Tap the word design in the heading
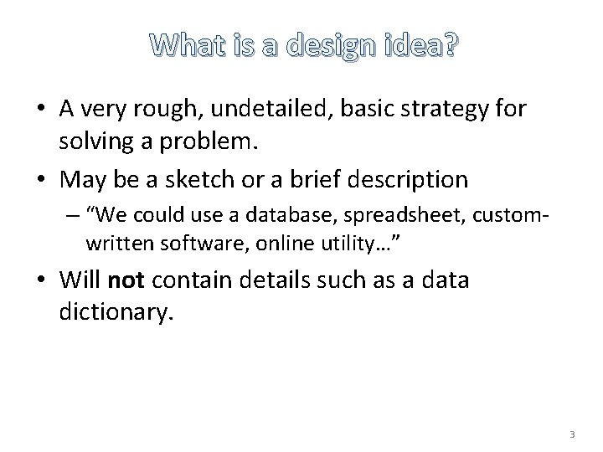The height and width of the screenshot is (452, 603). tap(332, 49)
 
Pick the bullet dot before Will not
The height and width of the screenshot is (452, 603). tap(41, 280)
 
